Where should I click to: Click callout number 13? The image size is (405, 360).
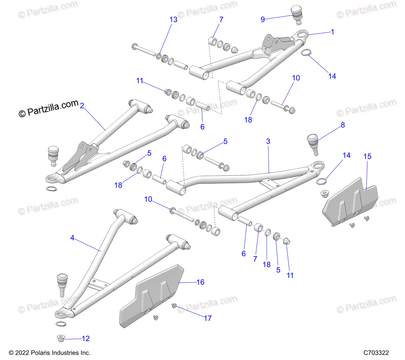tap(173, 20)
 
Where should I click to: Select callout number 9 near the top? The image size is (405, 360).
tap(263, 20)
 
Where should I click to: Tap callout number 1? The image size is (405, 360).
tap(332, 32)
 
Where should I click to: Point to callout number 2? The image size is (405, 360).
tap(82, 106)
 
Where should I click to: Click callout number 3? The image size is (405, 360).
tap(268, 141)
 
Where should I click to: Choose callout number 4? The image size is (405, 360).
tap(72, 238)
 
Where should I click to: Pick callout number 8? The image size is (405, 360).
tap(343, 125)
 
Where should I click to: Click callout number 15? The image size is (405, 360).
tap(367, 156)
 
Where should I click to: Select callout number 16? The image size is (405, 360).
tap(200, 282)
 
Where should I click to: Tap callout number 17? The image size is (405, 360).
tap(208, 318)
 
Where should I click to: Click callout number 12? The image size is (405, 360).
tap(86, 338)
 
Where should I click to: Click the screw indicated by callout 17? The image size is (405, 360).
tap(174, 306)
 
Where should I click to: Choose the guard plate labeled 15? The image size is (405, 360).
tap(349, 201)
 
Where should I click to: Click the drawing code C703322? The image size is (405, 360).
tap(376, 353)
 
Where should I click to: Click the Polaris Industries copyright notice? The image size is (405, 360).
tap(50, 353)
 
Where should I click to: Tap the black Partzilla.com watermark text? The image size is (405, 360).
tap(49, 108)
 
